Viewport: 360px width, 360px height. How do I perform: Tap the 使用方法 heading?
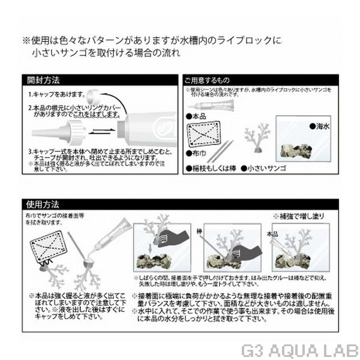pos(45,203)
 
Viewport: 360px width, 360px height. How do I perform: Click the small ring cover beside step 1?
pos(90,97)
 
